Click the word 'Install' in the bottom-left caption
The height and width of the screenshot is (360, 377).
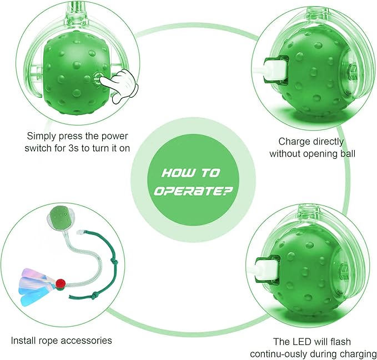coord(24,340)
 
